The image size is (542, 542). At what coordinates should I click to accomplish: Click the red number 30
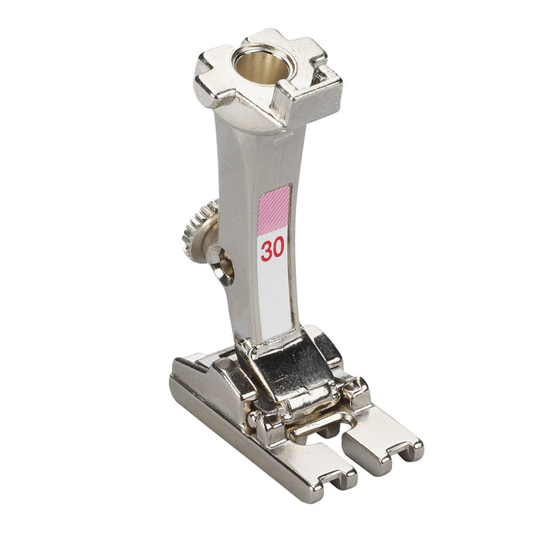(x=273, y=249)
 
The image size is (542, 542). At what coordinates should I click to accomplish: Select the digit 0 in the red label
(x=279, y=248)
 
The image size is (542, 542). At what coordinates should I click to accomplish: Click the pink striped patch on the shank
(x=274, y=210)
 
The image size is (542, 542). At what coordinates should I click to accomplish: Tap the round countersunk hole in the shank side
(x=222, y=265)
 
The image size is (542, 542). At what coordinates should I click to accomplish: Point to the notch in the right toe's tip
(x=400, y=454)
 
